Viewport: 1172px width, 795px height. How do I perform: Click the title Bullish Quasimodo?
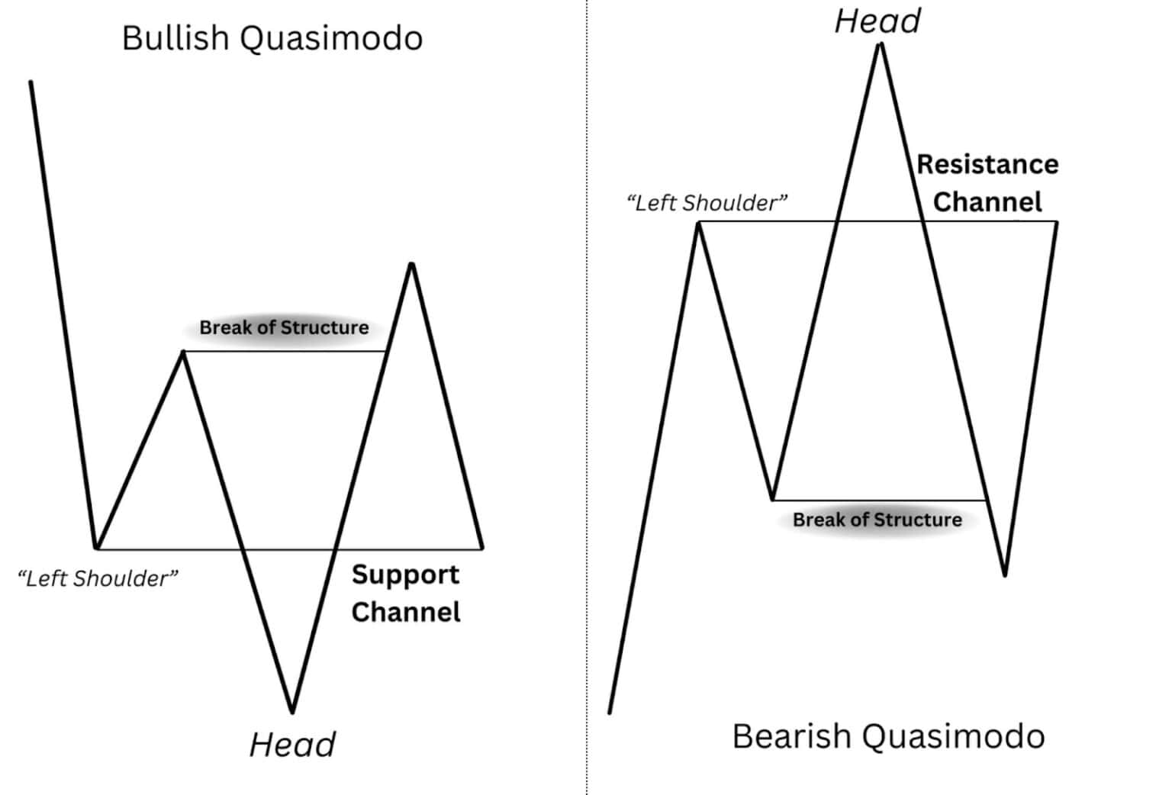point(272,38)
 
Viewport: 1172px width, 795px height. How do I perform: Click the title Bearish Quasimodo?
point(888,736)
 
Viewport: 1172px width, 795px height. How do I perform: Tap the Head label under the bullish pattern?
point(292,745)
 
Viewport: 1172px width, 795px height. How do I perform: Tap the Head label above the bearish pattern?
point(877,21)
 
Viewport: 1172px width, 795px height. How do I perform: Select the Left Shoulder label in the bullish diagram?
point(98,578)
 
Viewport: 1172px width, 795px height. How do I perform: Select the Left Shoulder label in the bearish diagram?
point(707,203)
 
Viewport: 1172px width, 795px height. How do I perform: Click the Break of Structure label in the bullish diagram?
point(284,328)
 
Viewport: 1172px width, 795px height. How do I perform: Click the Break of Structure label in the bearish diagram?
point(877,520)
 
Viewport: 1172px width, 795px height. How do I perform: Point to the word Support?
point(405,575)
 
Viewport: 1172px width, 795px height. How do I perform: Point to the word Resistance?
point(987,165)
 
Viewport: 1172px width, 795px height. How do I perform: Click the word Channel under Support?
point(406,612)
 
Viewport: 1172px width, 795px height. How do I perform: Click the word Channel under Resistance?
point(987,202)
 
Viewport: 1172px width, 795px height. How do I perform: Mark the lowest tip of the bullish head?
point(292,712)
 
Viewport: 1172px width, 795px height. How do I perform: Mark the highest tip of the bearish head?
point(881,44)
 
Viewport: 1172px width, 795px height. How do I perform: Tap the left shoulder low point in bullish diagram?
point(96,547)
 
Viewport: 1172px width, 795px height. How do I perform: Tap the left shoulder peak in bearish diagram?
point(698,222)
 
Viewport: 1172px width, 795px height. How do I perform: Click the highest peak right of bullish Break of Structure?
point(411,263)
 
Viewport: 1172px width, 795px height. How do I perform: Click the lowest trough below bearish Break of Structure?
point(1005,575)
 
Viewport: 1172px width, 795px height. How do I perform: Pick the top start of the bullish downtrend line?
point(31,82)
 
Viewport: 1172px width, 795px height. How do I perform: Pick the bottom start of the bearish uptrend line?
point(610,713)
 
